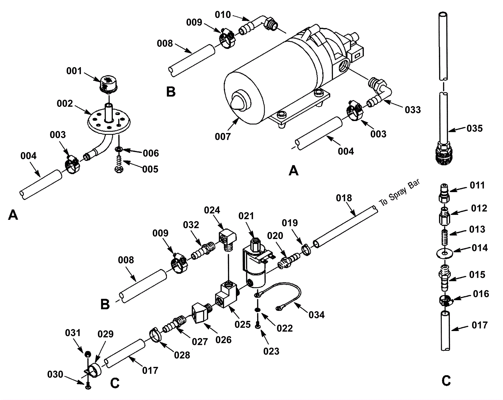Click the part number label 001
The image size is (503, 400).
tap(74, 71)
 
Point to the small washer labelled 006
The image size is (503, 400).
tap(119, 149)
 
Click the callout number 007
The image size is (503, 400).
tap(223, 136)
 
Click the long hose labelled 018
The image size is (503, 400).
tap(345, 227)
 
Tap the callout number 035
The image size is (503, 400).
tap(474, 129)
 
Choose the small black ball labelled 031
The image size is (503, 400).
tap(87, 354)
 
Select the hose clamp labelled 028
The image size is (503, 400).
tap(155, 336)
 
